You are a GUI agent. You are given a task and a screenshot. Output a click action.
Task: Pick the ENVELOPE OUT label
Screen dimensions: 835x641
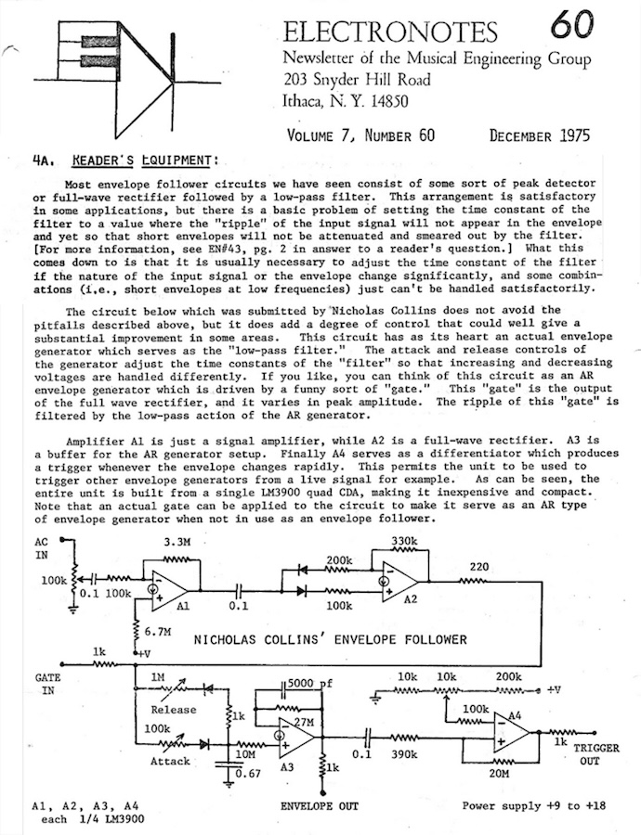[x=320, y=806]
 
